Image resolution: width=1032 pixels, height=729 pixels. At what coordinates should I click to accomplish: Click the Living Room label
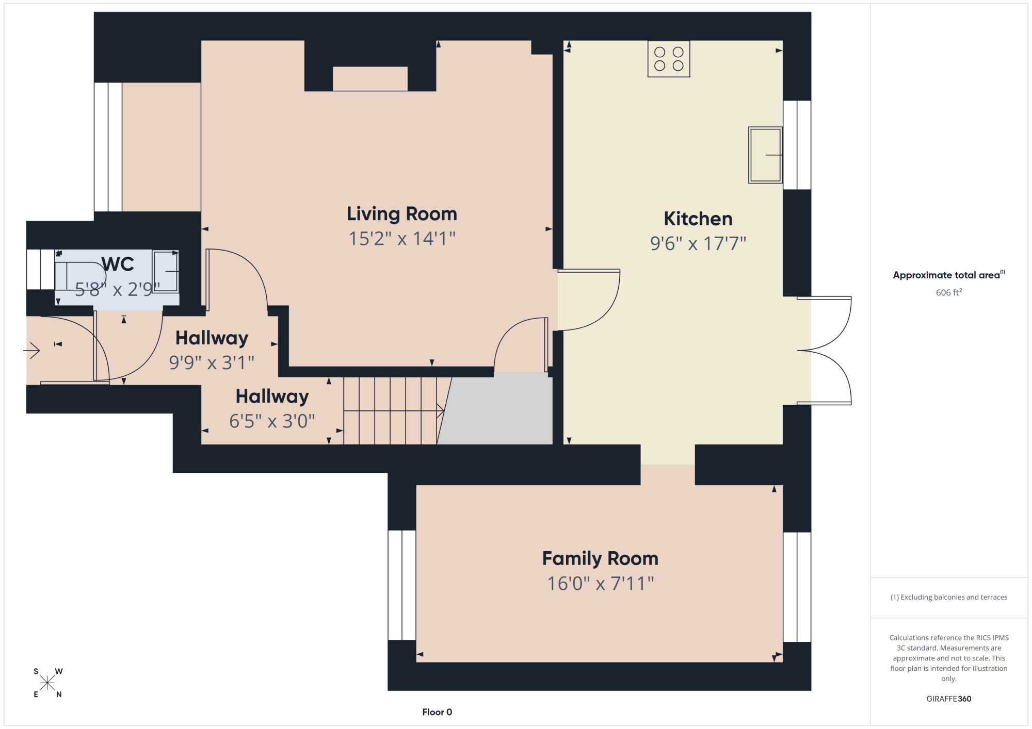tap(402, 214)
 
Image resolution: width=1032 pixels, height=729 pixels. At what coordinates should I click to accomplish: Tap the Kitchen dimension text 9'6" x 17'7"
tap(698, 243)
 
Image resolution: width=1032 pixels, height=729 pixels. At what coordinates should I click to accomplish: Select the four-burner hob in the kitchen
tap(669, 59)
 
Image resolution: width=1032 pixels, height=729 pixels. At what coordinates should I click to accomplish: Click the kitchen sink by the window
tap(765, 155)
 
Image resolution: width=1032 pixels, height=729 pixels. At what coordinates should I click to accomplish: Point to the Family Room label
tap(600, 558)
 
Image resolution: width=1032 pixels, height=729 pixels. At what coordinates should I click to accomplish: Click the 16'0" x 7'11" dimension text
tap(601, 584)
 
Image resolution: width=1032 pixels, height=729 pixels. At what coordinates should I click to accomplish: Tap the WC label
tap(118, 264)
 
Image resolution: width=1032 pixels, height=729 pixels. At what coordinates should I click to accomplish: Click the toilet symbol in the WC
tap(80, 276)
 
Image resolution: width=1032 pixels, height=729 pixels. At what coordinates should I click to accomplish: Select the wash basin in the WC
tap(166, 271)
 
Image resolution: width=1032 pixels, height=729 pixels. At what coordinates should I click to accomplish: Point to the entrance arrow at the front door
tap(32, 351)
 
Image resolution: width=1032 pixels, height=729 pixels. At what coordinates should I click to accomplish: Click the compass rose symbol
tap(47, 683)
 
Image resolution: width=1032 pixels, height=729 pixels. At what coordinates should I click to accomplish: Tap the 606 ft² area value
tap(949, 292)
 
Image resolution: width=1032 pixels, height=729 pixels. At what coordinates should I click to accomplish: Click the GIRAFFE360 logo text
tap(949, 699)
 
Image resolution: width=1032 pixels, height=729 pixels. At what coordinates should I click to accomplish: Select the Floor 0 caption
tap(437, 712)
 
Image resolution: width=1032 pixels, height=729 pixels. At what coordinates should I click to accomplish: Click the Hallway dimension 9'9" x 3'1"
tap(212, 362)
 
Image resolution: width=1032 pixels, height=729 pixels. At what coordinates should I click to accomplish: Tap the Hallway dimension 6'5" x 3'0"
tap(272, 421)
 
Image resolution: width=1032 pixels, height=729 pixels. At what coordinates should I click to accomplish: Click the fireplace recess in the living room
tap(370, 79)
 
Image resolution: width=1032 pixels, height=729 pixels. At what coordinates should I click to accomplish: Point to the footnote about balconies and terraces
tap(949, 597)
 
